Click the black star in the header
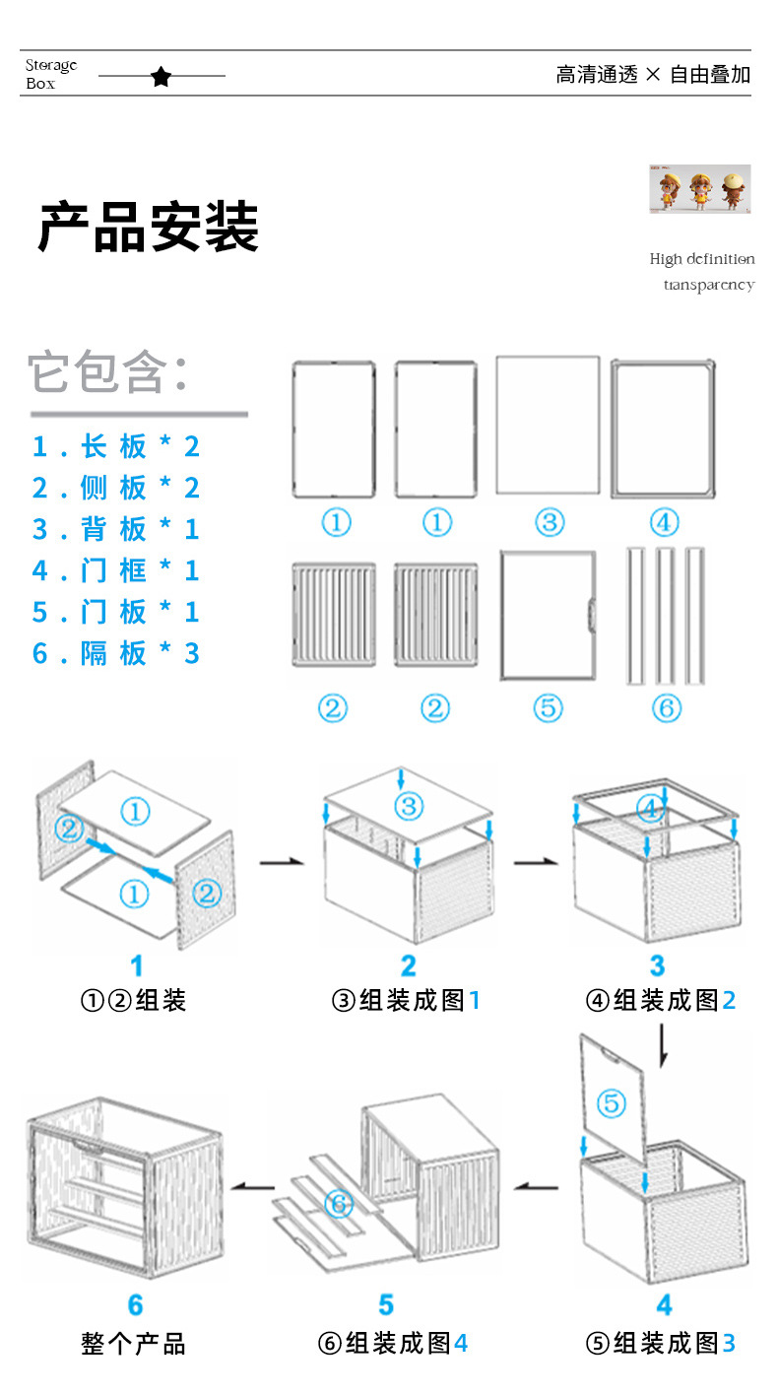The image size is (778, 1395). [x=162, y=76]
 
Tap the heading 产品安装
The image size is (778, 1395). [x=148, y=228]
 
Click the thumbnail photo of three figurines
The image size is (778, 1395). [x=699, y=189]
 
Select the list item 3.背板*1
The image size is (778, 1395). [x=115, y=529]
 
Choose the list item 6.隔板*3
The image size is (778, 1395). [x=115, y=653]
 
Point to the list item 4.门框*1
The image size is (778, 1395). [x=115, y=570]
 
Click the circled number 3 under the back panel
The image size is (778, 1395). [x=549, y=522]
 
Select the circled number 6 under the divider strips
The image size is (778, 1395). [x=666, y=707]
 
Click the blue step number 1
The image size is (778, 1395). [x=136, y=965]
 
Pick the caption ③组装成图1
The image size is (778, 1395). [x=406, y=1001]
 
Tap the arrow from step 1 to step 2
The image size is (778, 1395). [x=280, y=863]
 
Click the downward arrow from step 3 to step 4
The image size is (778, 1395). [x=663, y=1047]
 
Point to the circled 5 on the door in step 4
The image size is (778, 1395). [x=611, y=1103]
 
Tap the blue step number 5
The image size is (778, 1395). [x=386, y=1305]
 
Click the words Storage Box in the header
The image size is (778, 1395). [x=51, y=75]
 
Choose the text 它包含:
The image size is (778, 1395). [x=107, y=371]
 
